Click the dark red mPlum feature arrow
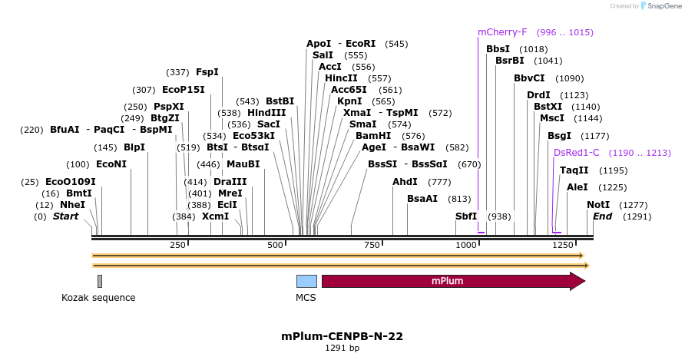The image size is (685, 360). pos(453,281)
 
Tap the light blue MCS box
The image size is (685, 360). pos(306,281)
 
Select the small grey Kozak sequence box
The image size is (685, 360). pos(100,281)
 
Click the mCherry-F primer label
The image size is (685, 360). pos(502,32)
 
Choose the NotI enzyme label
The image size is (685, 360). pos(598,205)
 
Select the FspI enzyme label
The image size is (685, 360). pos(207,72)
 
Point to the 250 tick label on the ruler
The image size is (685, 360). pos(177,245)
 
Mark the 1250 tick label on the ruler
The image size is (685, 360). pos(562,245)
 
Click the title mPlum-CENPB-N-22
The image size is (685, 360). pos(342,336)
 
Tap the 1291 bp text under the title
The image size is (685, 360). pos(342,348)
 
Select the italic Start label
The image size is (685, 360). pos(65,216)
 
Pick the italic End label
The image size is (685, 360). pos(603,216)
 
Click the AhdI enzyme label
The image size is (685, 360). pos(405,182)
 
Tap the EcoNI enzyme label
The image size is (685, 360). pos(111,164)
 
